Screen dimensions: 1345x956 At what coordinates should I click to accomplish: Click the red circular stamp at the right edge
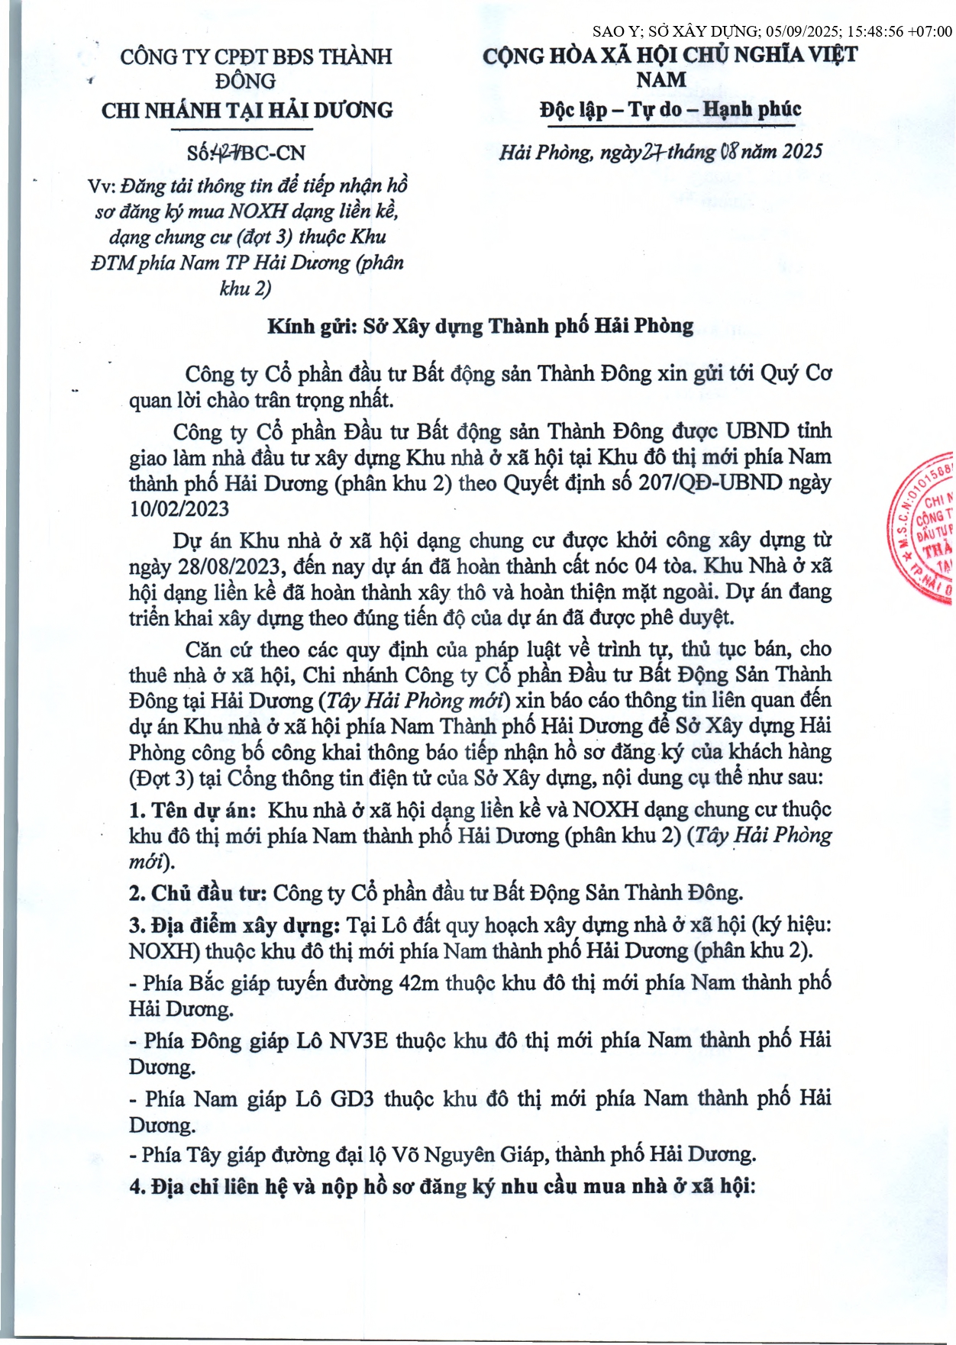point(924,527)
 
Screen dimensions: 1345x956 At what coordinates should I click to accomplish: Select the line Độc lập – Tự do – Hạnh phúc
point(670,109)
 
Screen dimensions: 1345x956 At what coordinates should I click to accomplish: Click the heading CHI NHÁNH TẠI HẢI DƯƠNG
point(247,111)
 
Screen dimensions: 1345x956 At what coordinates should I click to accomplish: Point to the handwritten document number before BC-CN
point(227,153)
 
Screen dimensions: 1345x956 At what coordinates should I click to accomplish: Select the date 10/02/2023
point(179,508)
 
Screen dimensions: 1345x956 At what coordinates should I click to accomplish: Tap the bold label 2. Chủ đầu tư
point(198,892)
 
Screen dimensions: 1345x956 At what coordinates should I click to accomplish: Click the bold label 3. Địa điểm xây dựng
point(234,925)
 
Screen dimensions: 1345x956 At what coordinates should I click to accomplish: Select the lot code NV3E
point(358,1040)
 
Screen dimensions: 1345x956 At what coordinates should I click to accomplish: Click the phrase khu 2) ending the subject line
point(245,289)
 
